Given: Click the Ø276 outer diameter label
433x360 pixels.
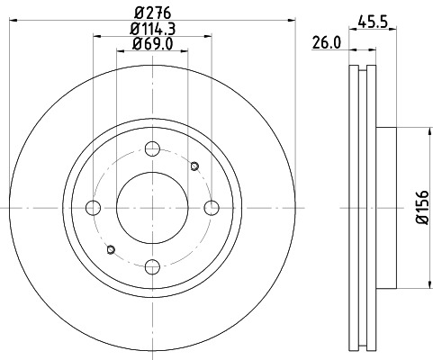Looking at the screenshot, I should tap(152, 13).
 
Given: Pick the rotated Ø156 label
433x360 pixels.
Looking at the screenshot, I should tap(419, 206).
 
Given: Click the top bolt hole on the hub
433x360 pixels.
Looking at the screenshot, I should tap(152, 149).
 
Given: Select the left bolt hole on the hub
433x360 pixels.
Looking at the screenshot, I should tap(94, 207).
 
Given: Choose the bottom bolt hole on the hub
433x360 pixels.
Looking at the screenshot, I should tap(152, 265).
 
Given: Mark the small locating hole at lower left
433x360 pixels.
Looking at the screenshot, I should tap(111, 249).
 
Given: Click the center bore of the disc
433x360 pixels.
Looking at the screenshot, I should tap(152, 207).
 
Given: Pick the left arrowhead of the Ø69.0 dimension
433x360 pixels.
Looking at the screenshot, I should tap(121, 51).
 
